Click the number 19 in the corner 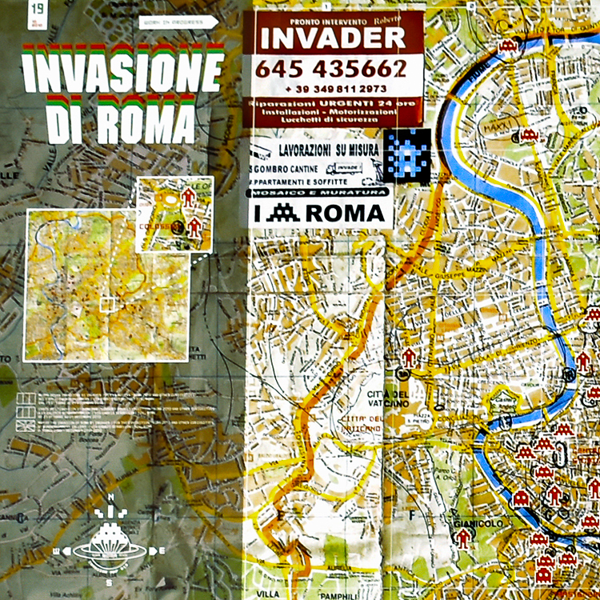coord(38,10)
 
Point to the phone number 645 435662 coord(331,69)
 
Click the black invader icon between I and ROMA coord(283,213)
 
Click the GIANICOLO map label coord(472,522)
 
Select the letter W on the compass coord(56,550)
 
